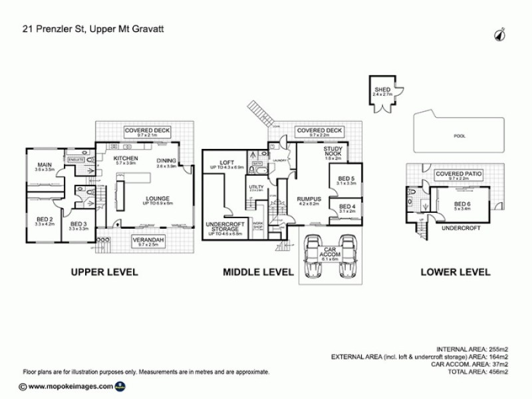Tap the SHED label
pos(382,92)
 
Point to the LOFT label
pos(227,162)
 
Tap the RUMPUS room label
pos(310,199)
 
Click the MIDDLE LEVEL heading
pos(258,272)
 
